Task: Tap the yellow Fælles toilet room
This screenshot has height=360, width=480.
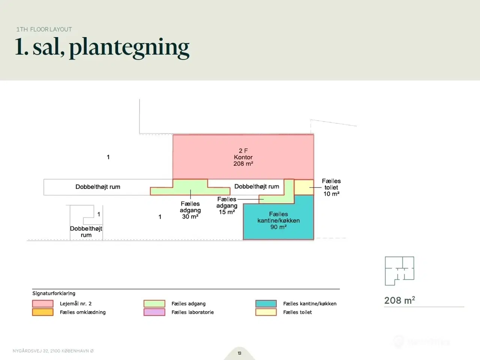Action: pyautogui.click(x=304, y=187)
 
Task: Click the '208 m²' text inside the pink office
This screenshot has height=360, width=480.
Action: pyautogui.click(x=243, y=163)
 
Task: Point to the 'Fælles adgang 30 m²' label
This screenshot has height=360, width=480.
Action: pyautogui.click(x=190, y=210)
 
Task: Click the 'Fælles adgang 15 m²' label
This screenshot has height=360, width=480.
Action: pyautogui.click(x=227, y=205)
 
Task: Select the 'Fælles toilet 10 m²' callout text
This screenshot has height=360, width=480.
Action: pyautogui.click(x=331, y=187)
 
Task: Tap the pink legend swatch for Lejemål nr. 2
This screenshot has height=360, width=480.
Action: pyautogui.click(x=43, y=304)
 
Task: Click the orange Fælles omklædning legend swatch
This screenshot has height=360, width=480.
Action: pyautogui.click(x=43, y=312)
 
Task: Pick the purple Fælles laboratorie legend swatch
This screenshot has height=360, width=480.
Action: pyautogui.click(x=154, y=312)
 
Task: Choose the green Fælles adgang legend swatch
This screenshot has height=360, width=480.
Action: pyautogui.click(x=154, y=304)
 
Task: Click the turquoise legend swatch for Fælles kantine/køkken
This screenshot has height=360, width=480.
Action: pyautogui.click(x=266, y=304)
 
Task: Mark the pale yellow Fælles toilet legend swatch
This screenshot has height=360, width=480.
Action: pyautogui.click(x=266, y=312)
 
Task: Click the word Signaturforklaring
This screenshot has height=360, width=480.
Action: pyautogui.click(x=54, y=293)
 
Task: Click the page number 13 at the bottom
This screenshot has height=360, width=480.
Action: pyautogui.click(x=240, y=353)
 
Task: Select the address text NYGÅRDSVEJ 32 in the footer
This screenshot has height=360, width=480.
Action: pyautogui.click(x=31, y=351)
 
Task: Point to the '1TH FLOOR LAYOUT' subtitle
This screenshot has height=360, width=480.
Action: pyautogui.click(x=44, y=29)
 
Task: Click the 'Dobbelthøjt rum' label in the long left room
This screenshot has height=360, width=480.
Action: pyautogui.click(x=98, y=187)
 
